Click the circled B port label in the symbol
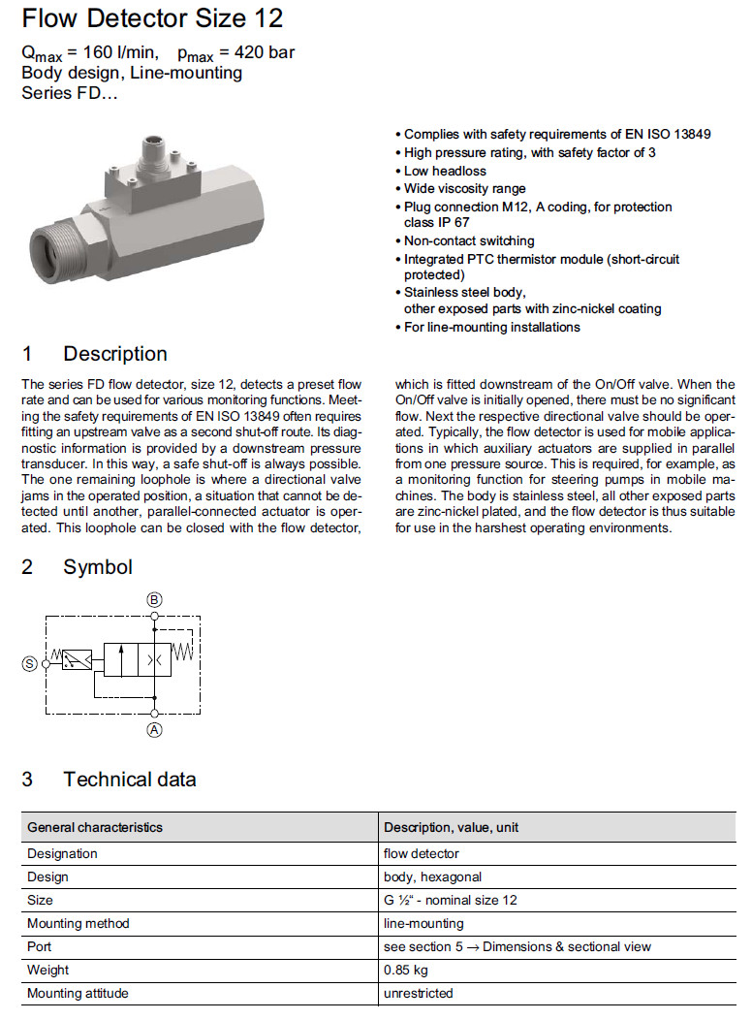tap(155, 600)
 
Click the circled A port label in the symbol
tap(155, 731)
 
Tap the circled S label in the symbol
tap(30, 663)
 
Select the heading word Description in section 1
tap(115, 354)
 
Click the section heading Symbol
tap(98, 566)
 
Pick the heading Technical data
tap(130, 779)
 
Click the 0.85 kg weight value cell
tap(406, 970)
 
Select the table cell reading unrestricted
tap(419, 993)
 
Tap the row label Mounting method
tap(78, 923)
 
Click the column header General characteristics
tap(95, 827)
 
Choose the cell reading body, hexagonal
tap(432, 877)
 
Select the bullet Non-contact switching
tap(469, 240)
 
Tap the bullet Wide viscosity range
tap(465, 188)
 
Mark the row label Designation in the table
tap(62, 853)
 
